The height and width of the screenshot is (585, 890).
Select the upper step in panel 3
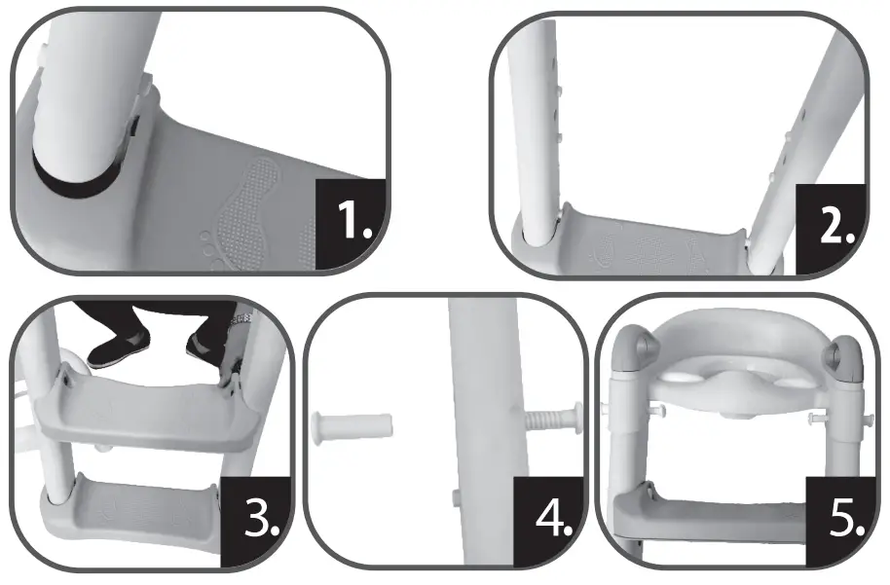136,409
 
